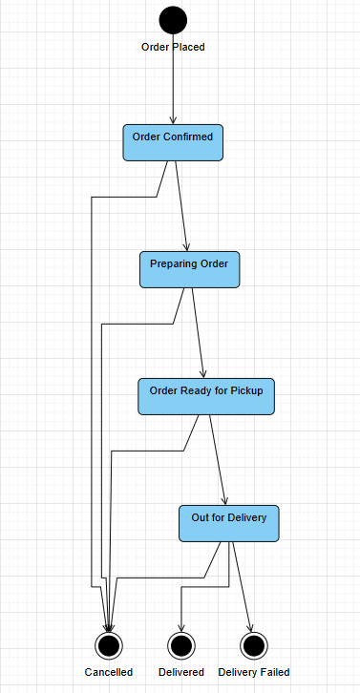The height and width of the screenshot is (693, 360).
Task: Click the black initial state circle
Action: point(173,20)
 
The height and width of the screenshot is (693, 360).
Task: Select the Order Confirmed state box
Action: point(173,142)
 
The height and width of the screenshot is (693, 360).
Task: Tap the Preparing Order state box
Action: point(189,269)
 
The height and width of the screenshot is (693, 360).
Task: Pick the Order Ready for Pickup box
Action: point(207,396)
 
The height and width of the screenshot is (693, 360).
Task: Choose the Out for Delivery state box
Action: point(229,523)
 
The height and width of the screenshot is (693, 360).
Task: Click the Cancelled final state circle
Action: point(108,645)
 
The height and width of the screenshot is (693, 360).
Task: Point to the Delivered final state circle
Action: point(181,645)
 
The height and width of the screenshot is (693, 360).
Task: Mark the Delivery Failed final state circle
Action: point(252,645)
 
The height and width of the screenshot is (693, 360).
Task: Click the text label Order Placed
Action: point(173,47)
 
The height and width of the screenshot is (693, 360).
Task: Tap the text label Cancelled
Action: point(108,672)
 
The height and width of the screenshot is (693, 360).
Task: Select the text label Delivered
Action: point(181,672)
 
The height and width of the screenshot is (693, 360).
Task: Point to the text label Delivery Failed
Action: point(253,672)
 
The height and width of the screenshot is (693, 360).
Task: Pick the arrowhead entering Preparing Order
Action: point(188,246)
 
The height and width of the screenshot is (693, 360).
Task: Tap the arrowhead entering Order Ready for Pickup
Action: point(204,373)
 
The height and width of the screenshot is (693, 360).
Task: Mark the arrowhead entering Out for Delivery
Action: point(225,500)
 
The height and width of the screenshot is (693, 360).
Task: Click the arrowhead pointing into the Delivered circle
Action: point(181,626)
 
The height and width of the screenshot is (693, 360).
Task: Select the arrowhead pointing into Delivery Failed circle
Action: point(250,626)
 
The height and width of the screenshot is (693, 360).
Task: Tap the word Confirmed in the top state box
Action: point(188,136)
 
